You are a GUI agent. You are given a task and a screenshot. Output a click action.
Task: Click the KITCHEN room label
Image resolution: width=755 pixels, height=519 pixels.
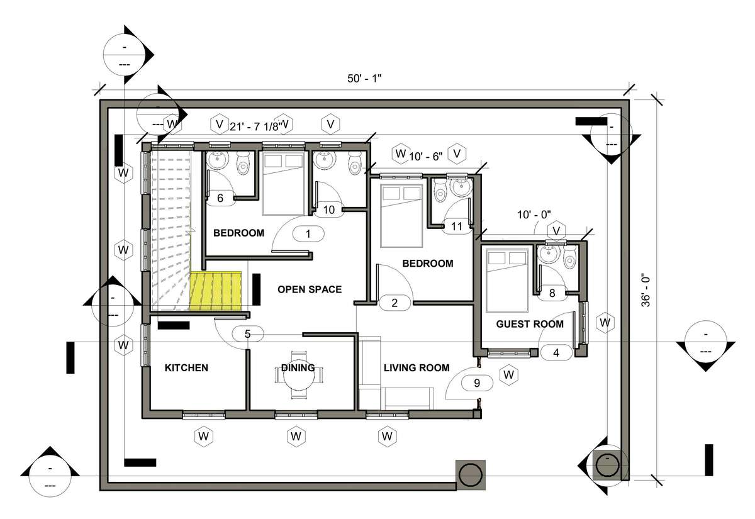click(186, 367)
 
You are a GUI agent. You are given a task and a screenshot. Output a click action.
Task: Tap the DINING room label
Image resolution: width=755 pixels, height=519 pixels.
click(298, 367)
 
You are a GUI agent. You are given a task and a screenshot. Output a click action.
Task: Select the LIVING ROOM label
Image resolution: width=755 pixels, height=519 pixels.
click(417, 367)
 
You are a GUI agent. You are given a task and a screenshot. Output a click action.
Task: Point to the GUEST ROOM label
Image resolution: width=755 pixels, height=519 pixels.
click(530, 324)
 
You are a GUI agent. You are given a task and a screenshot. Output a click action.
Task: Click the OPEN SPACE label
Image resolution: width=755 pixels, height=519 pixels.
click(310, 289)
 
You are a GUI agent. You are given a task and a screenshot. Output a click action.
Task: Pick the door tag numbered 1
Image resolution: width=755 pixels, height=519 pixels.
click(308, 234)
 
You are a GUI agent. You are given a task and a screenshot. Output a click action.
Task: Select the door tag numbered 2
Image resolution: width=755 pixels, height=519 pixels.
click(394, 303)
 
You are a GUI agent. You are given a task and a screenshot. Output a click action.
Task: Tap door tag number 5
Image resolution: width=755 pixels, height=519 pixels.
click(248, 334)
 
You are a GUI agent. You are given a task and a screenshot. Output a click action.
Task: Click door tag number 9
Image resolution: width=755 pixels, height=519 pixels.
click(477, 383)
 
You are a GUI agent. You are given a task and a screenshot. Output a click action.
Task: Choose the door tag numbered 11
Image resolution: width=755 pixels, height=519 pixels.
click(457, 226)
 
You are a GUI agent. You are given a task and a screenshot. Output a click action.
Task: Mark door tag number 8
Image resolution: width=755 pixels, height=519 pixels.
click(552, 293)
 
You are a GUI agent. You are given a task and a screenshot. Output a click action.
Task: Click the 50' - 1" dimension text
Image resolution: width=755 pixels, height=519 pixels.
click(364, 79)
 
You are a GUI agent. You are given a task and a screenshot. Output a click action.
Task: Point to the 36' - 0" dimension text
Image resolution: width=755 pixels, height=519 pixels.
click(646, 292)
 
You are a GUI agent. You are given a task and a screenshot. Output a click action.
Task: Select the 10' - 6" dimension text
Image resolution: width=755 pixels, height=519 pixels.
click(426, 157)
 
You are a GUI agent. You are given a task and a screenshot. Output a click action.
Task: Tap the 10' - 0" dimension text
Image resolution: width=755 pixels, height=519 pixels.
click(534, 215)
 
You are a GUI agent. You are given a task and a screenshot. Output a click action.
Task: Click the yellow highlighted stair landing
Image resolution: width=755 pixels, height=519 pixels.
click(216, 291)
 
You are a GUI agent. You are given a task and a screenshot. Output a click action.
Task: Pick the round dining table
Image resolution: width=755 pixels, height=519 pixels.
click(299, 376)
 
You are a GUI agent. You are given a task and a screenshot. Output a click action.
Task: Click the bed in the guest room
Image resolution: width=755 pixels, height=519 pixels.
click(506, 281)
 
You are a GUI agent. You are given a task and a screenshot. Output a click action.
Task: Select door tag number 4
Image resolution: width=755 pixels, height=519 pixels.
click(556, 353)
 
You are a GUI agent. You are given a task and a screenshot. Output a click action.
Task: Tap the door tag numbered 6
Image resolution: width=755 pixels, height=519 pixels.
click(220, 198)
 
